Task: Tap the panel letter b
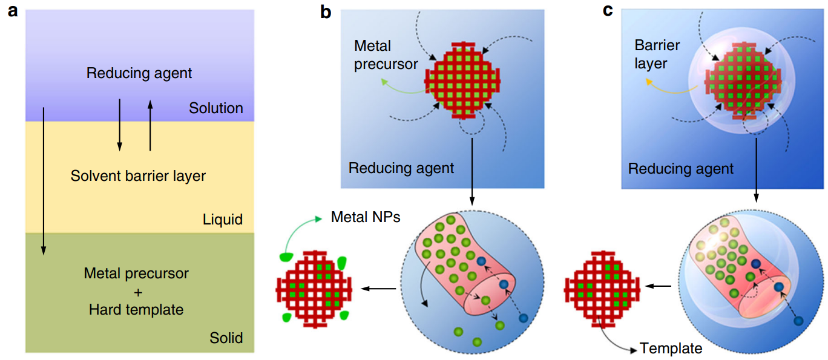(326, 11)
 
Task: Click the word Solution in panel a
(215, 108)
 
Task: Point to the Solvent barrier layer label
(138, 177)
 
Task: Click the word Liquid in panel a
(222, 219)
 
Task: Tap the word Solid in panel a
(226, 337)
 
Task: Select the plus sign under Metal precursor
(138, 292)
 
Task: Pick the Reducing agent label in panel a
(139, 73)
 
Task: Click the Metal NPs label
(366, 217)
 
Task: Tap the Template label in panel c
(671, 349)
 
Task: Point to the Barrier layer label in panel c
(657, 54)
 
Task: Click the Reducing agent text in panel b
(401, 168)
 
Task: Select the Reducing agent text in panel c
(681, 168)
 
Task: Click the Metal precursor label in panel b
(386, 55)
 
